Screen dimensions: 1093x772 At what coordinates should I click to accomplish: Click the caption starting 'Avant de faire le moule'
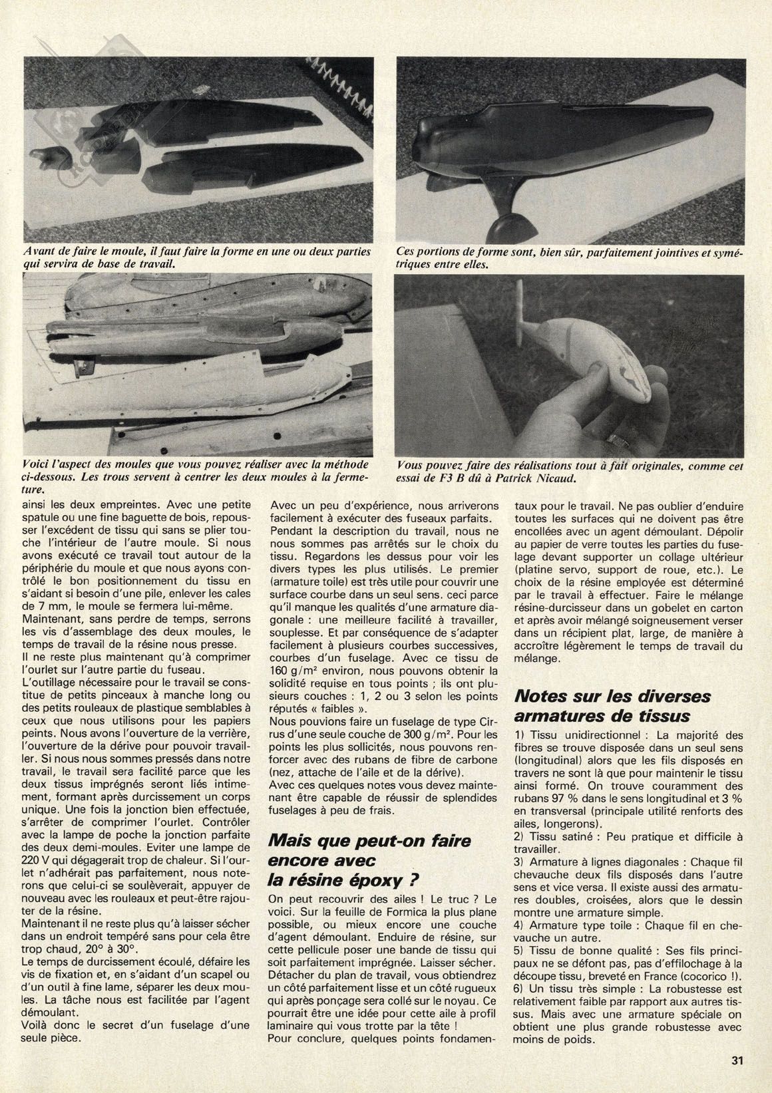pos(196,257)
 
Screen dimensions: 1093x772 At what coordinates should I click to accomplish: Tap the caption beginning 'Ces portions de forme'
pos(569,257)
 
